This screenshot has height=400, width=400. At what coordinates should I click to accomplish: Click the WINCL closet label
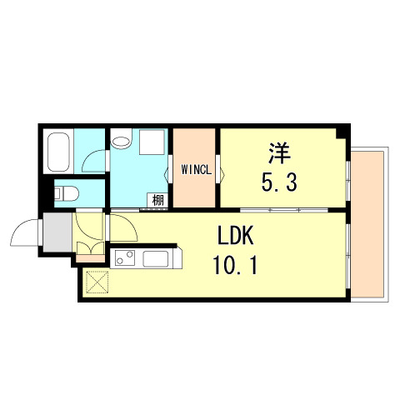coord(197,171)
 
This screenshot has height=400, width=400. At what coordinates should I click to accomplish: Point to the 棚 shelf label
coord(156,200)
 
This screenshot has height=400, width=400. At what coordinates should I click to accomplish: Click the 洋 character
coord(278,154)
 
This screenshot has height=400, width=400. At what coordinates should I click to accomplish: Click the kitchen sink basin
coord(157,257)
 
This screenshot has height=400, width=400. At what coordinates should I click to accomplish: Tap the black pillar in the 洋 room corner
coord(341,133)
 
